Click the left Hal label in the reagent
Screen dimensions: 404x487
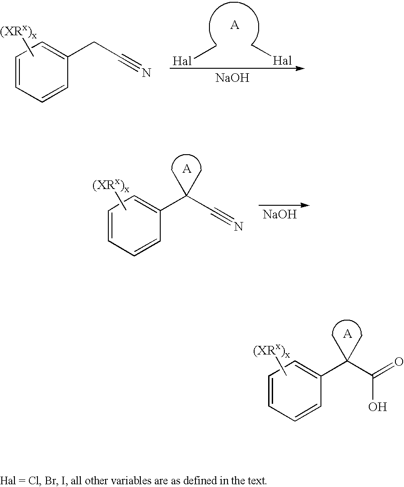point(182,61)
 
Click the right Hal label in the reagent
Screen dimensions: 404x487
point(283,61)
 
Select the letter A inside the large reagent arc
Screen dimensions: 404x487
point(234,25)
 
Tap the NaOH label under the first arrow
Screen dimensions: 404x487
point(232,78)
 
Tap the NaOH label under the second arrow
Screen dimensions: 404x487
point(280,214)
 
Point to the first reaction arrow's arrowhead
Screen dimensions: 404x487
point(300,69)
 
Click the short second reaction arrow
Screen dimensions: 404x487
point(284,205)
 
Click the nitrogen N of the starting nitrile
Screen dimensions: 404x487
point(146,73)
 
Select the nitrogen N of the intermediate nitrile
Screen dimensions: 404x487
point(238,227)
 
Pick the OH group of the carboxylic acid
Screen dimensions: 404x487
point(377,407)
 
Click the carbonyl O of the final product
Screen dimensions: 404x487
point(398,362)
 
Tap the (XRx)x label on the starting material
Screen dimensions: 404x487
point(18,33)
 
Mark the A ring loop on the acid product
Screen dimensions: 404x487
point(347,335)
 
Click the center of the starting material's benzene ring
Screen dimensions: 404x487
point(42,72)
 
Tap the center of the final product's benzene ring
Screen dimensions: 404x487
point(295,391)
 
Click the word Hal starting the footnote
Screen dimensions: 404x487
point(8,480)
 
